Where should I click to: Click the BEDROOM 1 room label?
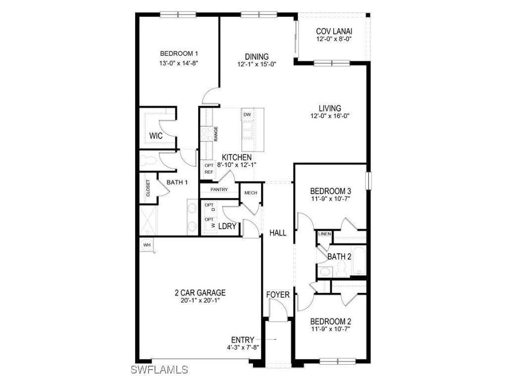pyautogui.click(x=179, y=54)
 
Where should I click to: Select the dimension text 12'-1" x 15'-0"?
pyautogui.click(x=256, y=64)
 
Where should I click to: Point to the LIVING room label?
pyautogui.click(x=330, y=108)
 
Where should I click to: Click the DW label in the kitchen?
pyautogui.click(x=247, y=115)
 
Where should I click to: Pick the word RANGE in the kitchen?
pyautogui.click(x=216, y=134)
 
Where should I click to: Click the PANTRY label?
pyautogui.click(x=219, y=190)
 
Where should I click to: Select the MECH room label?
pyautogui.click(x=251, y=192)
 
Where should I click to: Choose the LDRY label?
pyautogui.click(x=227, y=227)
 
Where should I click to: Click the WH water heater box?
pyautogui.click(x=147, y=245)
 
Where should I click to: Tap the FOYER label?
pyautogui.click(x=278, y=295)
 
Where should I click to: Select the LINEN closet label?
pyautogui.click(x=324, y=234)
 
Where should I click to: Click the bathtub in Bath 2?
pyautogui.click(x=358, y=260)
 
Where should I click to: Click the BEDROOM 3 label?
pyautogui.click(x=331, y=191)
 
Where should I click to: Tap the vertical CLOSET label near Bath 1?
pyautogui.click(x=148, y=188)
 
